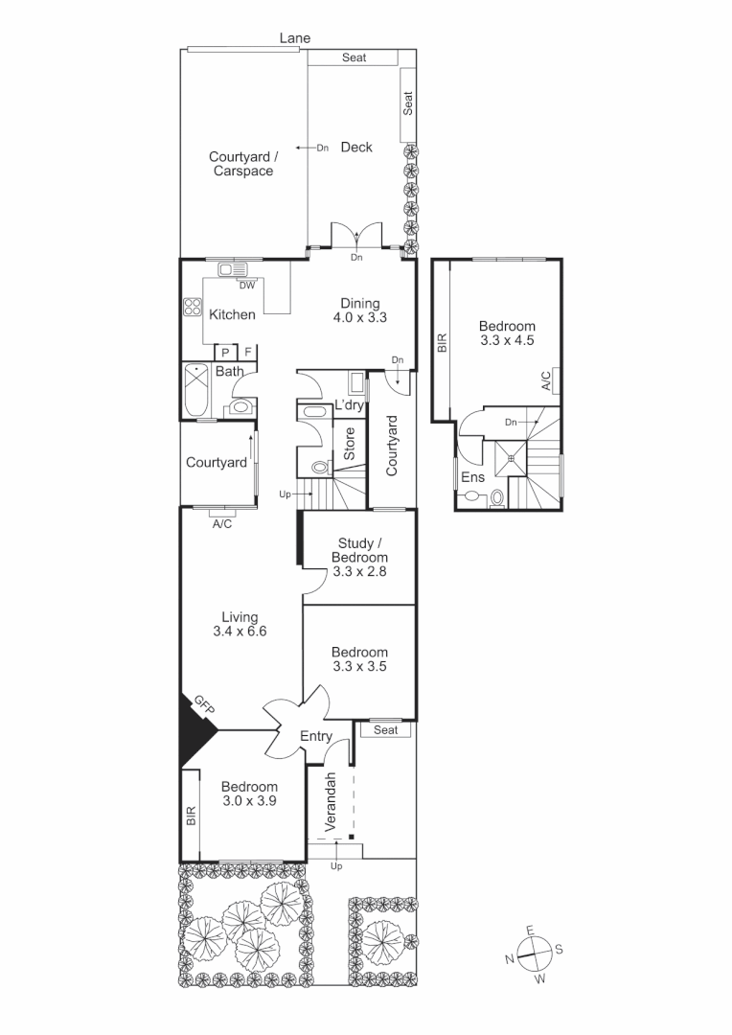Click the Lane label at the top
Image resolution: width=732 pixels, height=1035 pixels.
point(295,38)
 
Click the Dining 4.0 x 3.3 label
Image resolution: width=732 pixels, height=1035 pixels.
point(359,310)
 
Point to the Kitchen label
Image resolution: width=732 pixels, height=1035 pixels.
point(232,314)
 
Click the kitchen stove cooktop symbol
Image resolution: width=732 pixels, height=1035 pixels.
point(192,309)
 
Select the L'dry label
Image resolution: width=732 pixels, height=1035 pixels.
point(349,406)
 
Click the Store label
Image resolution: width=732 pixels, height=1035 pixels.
point(350,443)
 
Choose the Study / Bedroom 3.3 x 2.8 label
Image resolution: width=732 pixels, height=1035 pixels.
point(359,558)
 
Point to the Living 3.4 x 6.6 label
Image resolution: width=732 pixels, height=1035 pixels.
point(240,624)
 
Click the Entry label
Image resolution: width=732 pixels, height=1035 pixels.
point(316,736)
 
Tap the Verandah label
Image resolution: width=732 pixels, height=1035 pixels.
point(330,800)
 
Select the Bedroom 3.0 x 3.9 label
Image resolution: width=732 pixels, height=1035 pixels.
point(249,794)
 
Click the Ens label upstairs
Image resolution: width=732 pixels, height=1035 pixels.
point(472,476)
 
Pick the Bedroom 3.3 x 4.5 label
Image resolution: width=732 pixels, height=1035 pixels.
point(507,333)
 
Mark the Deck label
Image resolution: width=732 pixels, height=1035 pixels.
point(356,147)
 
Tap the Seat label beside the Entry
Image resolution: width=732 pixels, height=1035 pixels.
point(385,730)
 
